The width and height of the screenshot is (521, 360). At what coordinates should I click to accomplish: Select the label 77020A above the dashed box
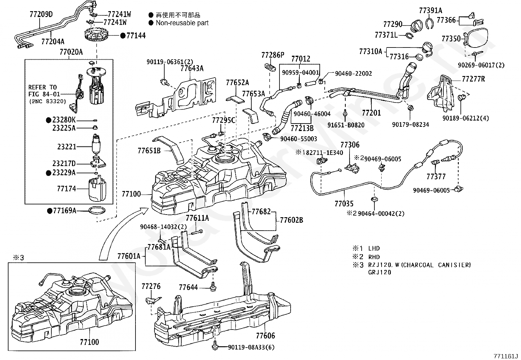coord(71,52)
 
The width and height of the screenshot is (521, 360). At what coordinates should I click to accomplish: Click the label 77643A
coord(192,68)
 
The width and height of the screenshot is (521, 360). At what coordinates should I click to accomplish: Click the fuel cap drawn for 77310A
coord(427,47)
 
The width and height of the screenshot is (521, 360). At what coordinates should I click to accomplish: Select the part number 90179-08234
coord(410,124)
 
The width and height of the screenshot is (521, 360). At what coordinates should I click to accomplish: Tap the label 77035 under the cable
coord(344,204)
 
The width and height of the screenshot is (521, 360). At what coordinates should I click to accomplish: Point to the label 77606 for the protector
coord(265,335)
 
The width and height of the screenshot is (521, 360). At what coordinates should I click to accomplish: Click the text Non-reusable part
coord(182,23)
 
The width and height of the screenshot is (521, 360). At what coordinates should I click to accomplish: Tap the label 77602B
coord(291,220)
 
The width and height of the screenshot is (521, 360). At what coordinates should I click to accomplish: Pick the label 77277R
coord(473,79)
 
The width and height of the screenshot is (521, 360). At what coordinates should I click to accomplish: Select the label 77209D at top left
coord(41,14)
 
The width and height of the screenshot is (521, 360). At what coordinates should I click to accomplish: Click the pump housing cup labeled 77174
coord(98,190)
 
